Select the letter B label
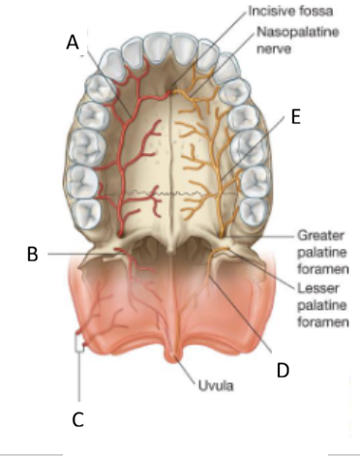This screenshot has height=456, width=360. pos(32,255)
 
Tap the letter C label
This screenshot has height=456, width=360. pos(78,418)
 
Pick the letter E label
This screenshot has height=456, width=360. pos(294,116)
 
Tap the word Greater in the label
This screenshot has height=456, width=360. pos(320,234)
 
